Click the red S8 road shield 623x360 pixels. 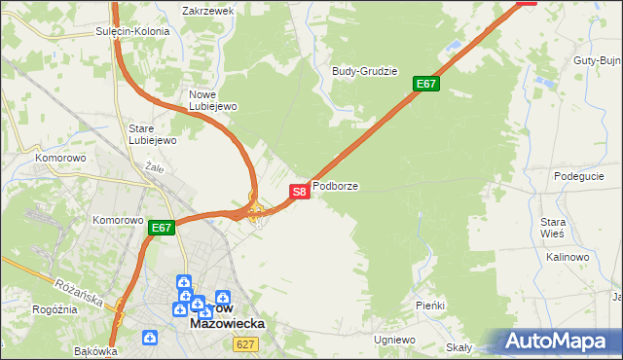pyautogui.click(x=300, y=192)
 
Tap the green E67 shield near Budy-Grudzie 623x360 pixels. pyautogui.click(x=426, y=84)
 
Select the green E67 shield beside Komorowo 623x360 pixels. pyautogui.click(x=162, y=229)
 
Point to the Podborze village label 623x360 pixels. pyautogui.click(x=335, y=185)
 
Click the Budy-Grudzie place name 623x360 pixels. pyautogui.click(x=365, y=71)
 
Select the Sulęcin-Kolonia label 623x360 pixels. pyautogui.click(x=133, y=31)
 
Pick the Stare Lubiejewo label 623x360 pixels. pyautogui.click(x=152, y=134)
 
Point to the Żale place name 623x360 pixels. pyautogui.click(x=153, y=166)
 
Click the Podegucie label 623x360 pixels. pyautogui.click(x=579, y=176)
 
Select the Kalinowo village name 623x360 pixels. pyautogui.click(x=568, y=257)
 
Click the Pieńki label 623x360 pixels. pyautogui.click(x=429, y=306)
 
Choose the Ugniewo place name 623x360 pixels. pyautogui.click(x=394, y=340)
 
